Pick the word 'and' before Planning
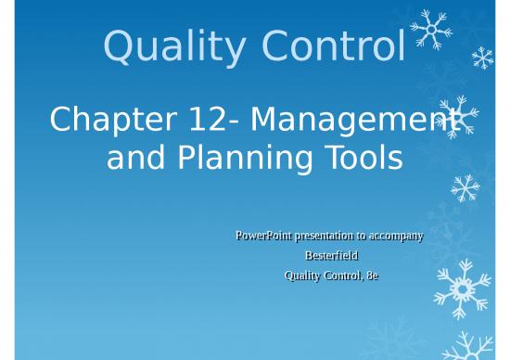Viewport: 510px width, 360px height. [134, 159]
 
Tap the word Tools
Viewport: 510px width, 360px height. [363, 159]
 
